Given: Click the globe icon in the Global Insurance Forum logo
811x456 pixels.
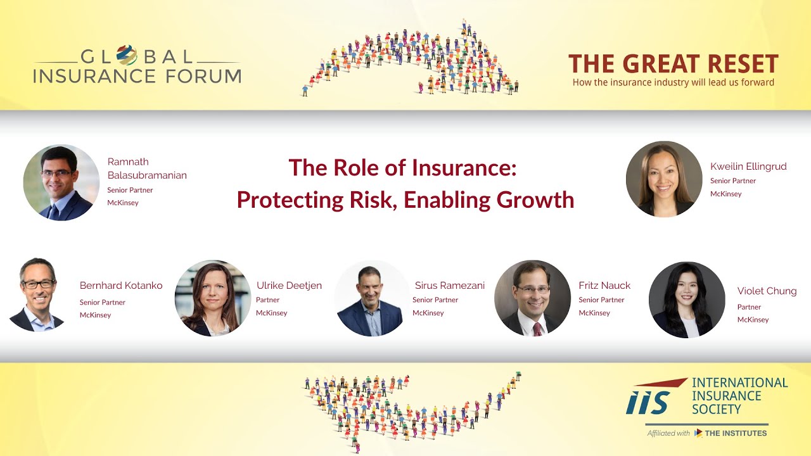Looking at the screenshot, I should (127, 55).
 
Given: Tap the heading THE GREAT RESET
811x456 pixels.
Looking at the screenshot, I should (673, 64).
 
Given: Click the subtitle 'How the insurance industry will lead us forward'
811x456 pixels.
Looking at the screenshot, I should (673, 82).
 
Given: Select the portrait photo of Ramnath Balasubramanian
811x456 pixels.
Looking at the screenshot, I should (61, 182).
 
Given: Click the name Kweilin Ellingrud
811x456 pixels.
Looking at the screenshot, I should (748, 167).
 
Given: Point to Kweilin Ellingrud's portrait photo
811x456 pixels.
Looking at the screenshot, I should (664, 179).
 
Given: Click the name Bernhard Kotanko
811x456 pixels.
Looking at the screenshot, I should (121, 286).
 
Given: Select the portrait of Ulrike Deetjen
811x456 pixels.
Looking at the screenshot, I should (213, 298).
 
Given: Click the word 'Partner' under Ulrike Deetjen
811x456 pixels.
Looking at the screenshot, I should (267, 300).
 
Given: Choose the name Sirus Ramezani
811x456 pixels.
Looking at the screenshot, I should (449, 286).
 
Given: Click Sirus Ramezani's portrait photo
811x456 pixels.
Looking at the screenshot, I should (371, 298).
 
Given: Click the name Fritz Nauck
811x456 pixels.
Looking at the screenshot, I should (604, 286).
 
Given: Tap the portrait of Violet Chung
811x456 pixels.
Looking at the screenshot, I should (687, 300).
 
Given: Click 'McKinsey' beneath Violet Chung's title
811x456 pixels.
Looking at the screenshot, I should (753, 320).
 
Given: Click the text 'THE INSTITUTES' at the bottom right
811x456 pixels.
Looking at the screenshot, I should (736, 433).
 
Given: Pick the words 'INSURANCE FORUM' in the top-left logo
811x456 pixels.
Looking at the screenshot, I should (137, 77).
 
